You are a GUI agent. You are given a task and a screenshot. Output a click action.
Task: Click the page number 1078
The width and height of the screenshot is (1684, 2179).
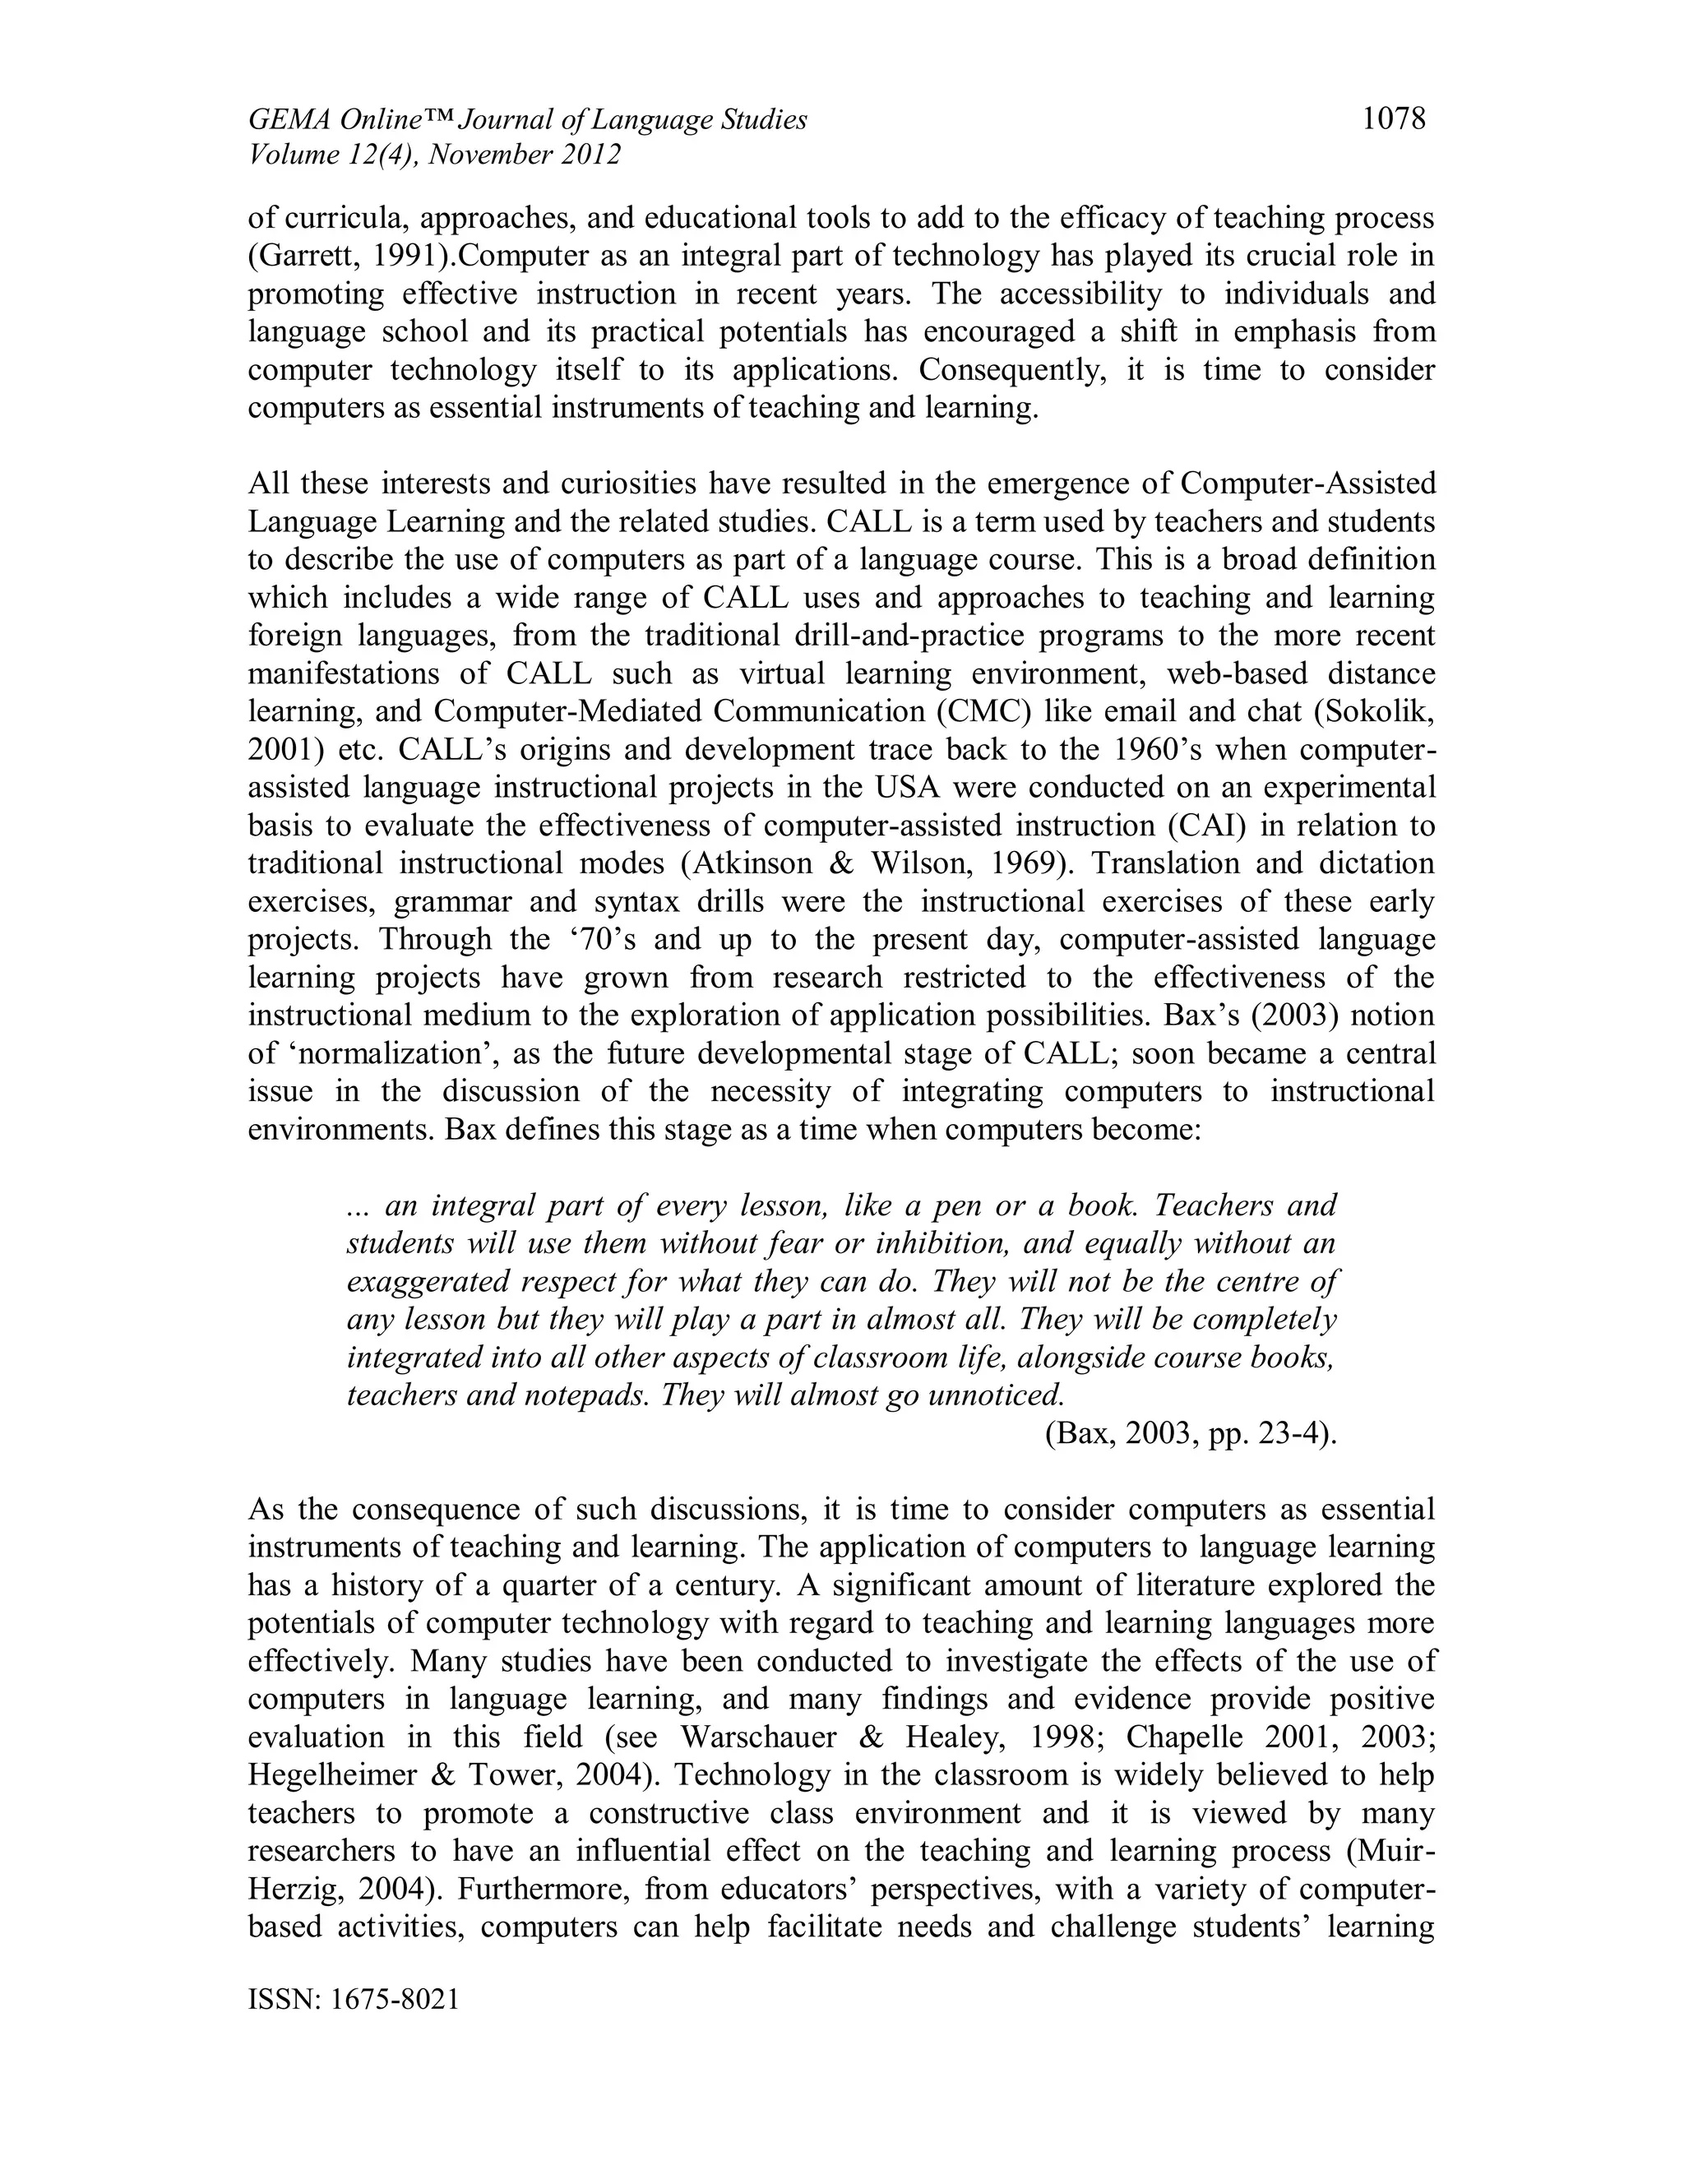[x=1394, y=120]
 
